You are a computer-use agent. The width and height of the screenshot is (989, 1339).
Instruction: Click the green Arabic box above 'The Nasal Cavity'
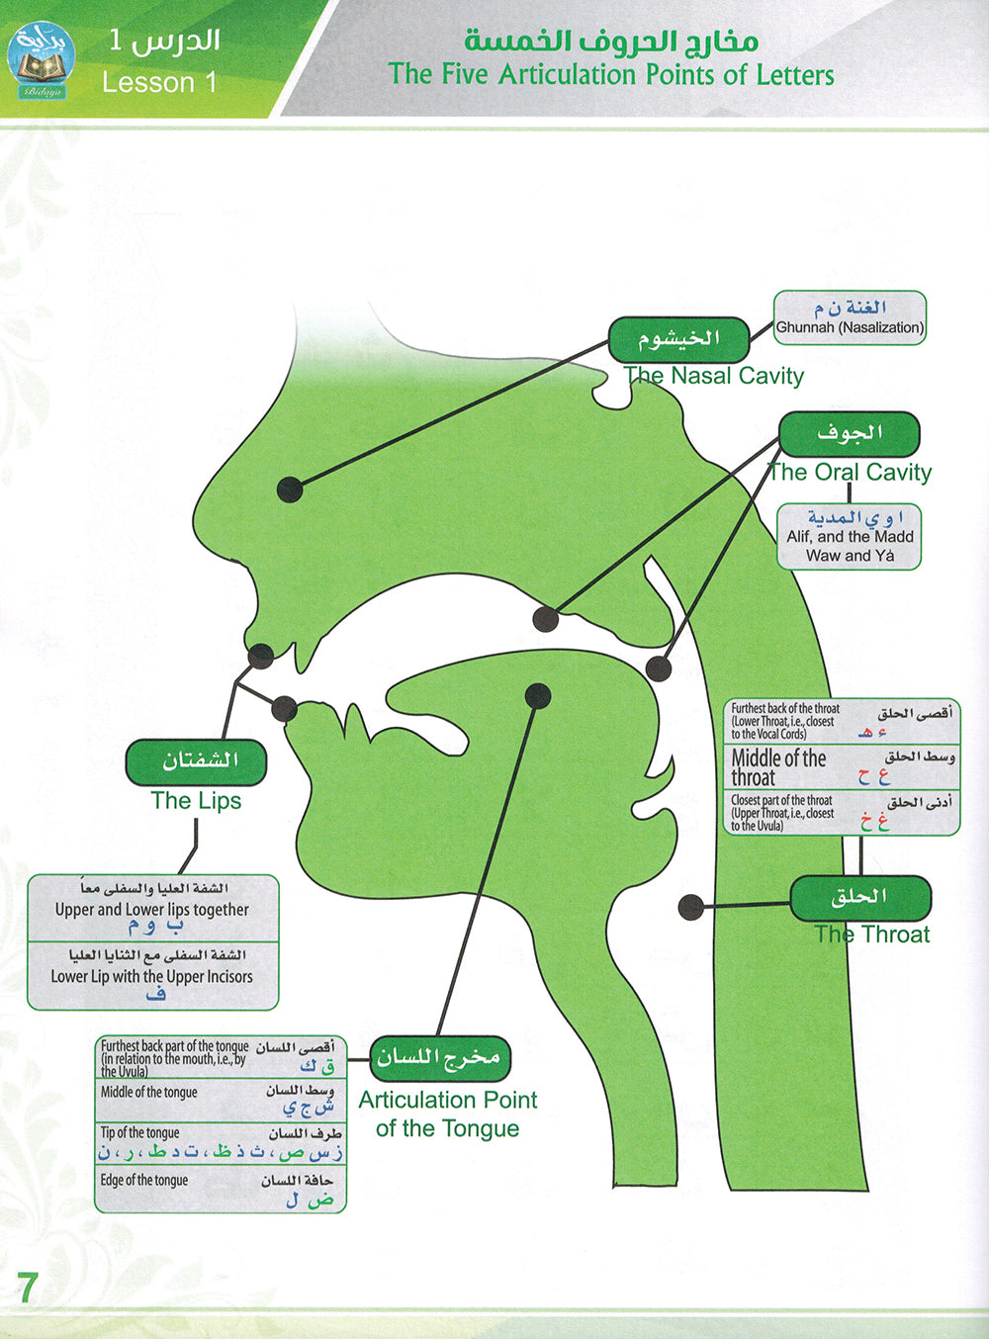click(x=678, y=339)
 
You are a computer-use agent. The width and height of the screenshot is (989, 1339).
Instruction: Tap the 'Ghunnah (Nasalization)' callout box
click(x=850, y=318)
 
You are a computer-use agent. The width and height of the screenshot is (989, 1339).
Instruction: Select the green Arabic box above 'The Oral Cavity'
click(x=849, y=434)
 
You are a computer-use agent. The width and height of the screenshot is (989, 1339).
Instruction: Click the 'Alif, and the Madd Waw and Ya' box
click(x=850, y=537)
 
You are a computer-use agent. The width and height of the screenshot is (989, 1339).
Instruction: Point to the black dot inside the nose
click(x=290, y=489)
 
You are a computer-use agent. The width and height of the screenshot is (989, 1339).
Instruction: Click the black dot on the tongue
click(x=537, y=696)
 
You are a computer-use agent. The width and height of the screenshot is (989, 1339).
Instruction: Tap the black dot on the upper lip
click(x=261, y=655)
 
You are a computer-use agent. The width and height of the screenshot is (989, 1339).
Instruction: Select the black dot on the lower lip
click(x=284, y=707)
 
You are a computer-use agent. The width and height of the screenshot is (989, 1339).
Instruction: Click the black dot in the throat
click(x=691, y=905)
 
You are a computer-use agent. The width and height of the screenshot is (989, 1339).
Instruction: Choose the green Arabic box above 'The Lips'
click(x=196, y=761)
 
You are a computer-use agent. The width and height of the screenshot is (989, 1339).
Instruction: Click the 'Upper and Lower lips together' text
click(x=152, y=909)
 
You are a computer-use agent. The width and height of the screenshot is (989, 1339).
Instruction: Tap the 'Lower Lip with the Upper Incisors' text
click(x=152, y=976)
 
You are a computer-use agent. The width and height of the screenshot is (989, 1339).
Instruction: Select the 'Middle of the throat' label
click(x=778, y=767)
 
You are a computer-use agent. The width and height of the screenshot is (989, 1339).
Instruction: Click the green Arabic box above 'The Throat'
click(x=860, y=898)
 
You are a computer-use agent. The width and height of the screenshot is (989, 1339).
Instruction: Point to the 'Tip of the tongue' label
click(x=140, y=1132)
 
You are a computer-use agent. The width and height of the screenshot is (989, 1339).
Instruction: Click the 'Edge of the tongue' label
click(x=144, y=1180)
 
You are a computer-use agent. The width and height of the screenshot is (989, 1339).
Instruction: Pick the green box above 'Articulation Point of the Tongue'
click(x=440, y=1058)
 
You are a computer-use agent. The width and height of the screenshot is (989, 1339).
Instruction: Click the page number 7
click(x=27, y=1288)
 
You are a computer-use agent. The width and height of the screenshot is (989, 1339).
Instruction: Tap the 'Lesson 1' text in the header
click(x=159, y=82)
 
